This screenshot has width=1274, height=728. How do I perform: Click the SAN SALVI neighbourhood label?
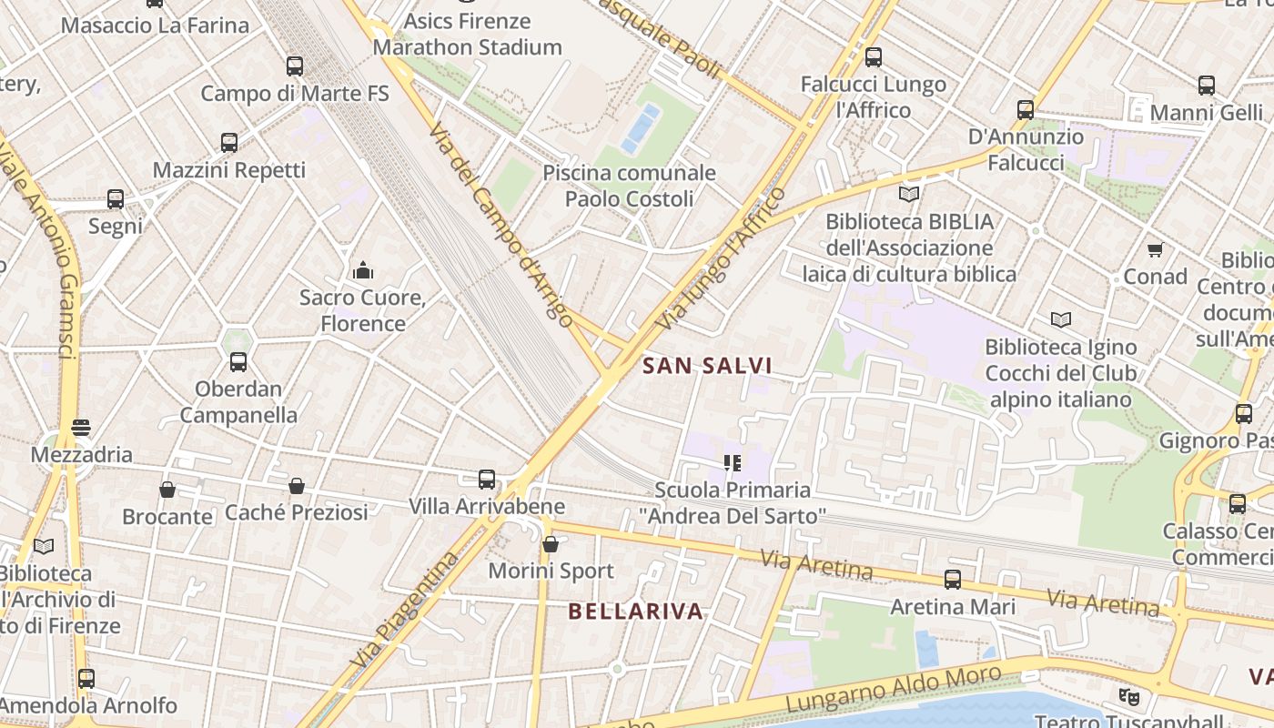(707, 366)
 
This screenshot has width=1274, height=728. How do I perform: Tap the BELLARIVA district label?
(636, 611)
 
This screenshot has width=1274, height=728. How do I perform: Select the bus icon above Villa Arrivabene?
(487, 480)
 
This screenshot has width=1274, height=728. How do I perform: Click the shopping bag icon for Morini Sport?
(551, 544)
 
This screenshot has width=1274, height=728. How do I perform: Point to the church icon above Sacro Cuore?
(363, 270)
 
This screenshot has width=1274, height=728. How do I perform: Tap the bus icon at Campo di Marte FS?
(294, 66)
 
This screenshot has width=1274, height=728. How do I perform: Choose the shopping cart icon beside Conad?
(1155, 249)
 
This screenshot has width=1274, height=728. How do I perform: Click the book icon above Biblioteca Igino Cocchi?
(1061, 319)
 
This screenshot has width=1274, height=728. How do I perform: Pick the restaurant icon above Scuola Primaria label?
(732, 463)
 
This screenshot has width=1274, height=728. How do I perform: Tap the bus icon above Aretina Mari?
(953, 579)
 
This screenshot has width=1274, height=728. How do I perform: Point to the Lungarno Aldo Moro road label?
(894, 689)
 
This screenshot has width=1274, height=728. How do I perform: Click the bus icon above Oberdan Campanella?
(238, 362)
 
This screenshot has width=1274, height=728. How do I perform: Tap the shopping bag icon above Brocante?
(167, 490)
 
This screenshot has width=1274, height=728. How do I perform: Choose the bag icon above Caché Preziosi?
(297, 486)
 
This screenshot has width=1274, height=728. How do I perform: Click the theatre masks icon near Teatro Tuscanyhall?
(1129, 697)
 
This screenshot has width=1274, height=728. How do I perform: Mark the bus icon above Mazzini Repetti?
(229, 143)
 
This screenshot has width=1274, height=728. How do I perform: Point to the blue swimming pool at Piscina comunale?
(641, 128)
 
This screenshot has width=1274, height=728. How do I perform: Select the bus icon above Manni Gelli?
(1207, 86)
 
